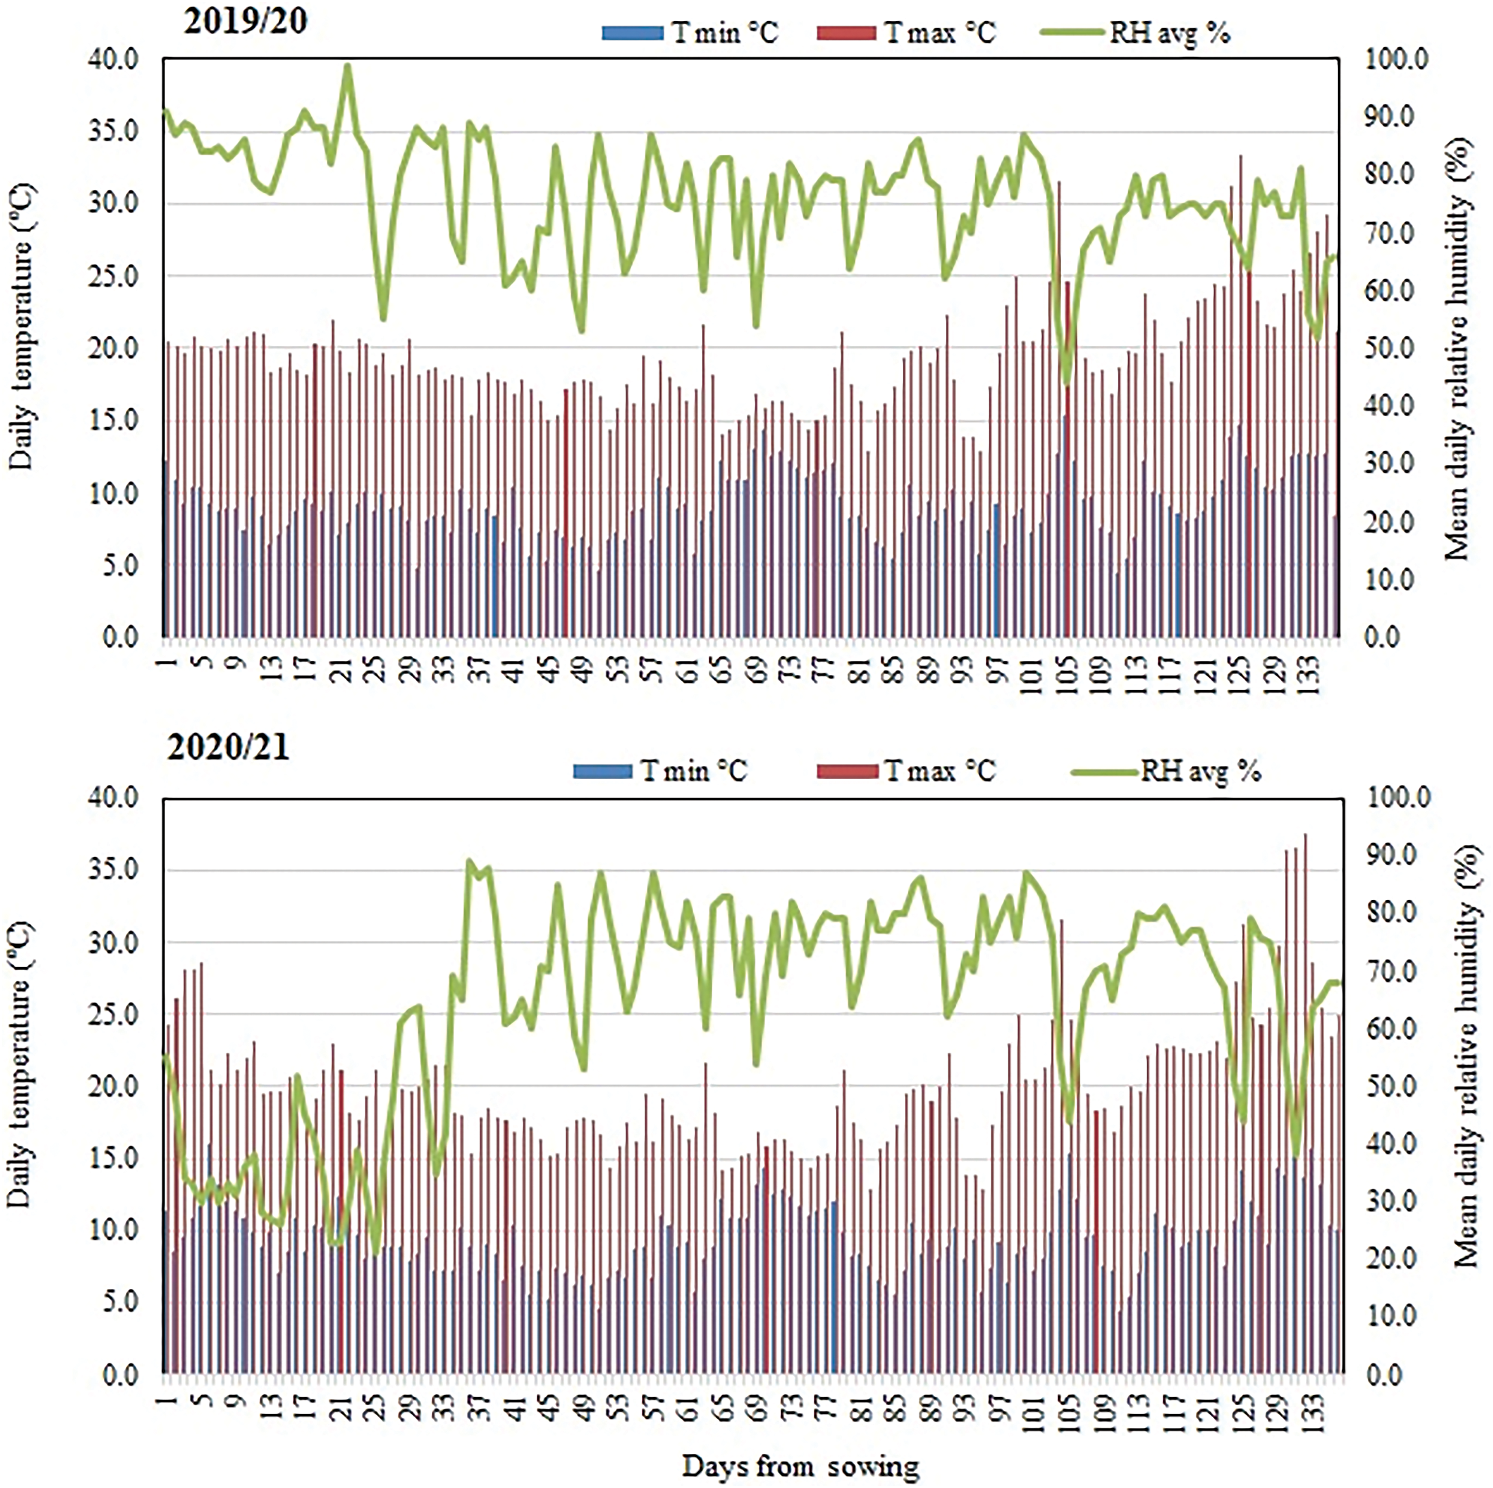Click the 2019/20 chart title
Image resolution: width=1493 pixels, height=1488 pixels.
(x=245, y=21)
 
